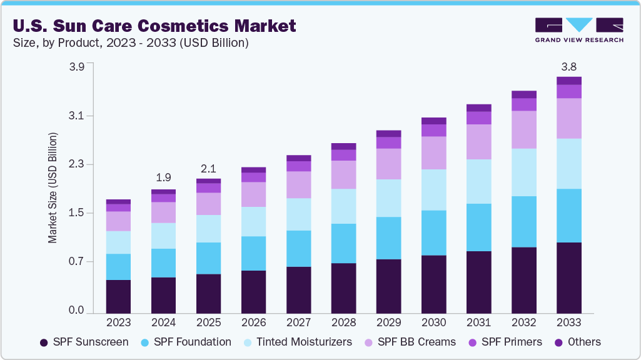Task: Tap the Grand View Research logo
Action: click(x=578, y=29)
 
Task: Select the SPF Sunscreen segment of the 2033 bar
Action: click(x=568, y=277)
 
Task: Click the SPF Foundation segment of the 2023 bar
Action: click(x=118, y=267)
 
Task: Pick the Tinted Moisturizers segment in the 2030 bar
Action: click(x=433, y=190)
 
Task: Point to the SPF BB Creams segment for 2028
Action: click(x=343, y=175)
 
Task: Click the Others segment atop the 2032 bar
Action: click(x=523, y=94)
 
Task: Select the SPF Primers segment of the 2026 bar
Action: click(x=253, y=177)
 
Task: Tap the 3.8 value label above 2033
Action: click(x=568, y=67)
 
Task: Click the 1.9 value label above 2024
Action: click(x=163, y=177)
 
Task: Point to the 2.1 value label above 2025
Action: click(x=208, y=169)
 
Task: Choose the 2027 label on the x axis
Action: click(x=298, y=323)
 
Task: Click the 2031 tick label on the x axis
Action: click(x=478, y=323)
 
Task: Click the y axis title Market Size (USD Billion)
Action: click(x=53, y=187)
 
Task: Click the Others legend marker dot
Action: click(x=554, y=342)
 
